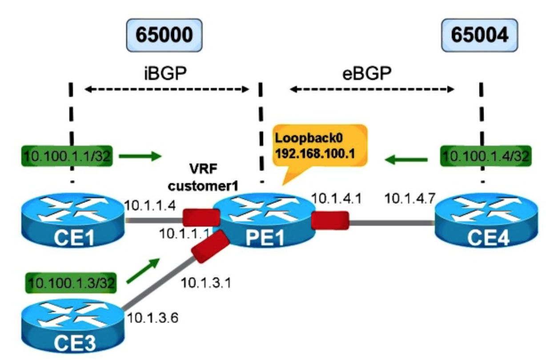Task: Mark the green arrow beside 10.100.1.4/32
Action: coord(406,159)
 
